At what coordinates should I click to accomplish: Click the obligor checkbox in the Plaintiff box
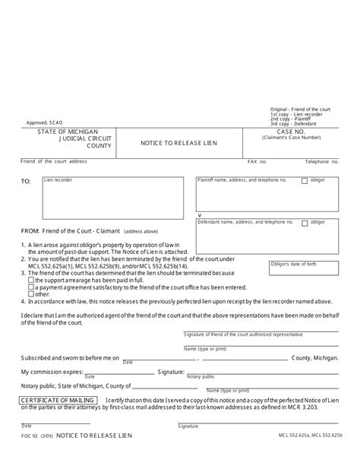pyautogui.click(x=305, y=181)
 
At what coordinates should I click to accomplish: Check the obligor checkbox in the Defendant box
pyautogui.click(x=305, y=223)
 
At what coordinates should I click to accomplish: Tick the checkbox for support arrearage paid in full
pyautogui.click(x=30, y=281)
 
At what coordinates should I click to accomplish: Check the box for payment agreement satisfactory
pyautogui.click(x=30, y=287)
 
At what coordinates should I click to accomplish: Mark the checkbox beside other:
pyautogui.click(x=30, y=294)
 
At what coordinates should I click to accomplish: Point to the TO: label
pyautogui.click(x=26, y=182)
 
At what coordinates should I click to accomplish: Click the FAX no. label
pyautogui.click(x=257, y=162)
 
